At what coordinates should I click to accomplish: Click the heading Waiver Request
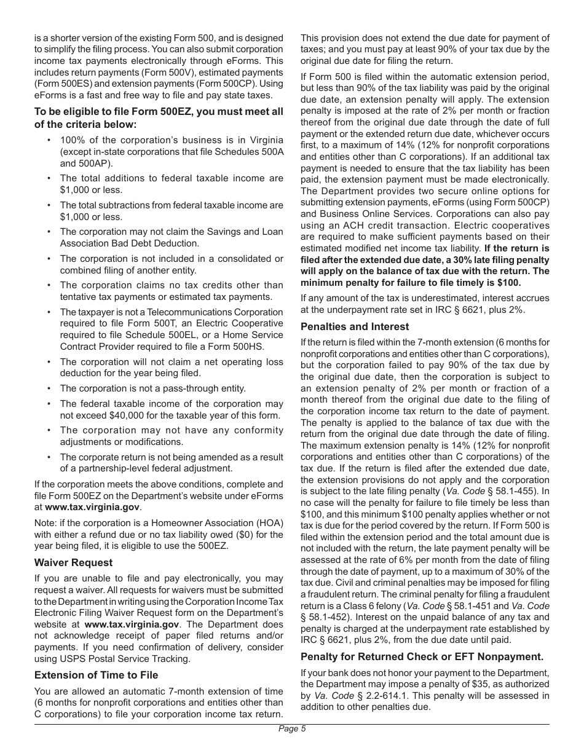coord(74,562)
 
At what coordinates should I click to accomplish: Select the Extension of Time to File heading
coord(97,675)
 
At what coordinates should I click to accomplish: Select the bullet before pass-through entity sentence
coord(49,388)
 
